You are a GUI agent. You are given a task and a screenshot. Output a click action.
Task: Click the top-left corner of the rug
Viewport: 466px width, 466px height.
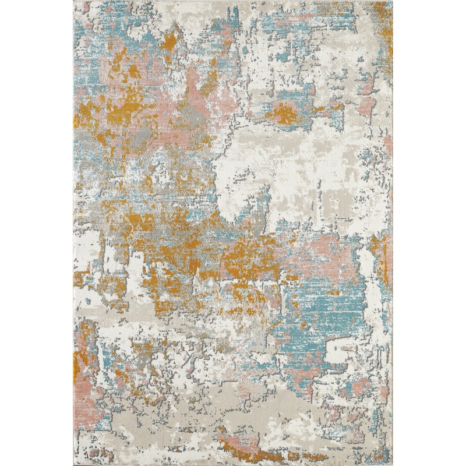[74, 2]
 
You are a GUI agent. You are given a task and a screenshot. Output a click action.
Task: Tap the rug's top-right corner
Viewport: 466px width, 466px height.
[392, 2]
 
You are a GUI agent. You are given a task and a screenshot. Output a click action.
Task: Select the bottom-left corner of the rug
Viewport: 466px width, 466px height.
[74, 464]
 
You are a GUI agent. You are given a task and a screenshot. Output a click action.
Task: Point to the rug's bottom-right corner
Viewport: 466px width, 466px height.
[392, 464]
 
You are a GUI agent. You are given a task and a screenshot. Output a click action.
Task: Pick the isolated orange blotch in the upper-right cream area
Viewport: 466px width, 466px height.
[284, 114]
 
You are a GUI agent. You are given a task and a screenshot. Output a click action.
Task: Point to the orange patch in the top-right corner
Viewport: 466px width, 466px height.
[382, 15]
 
